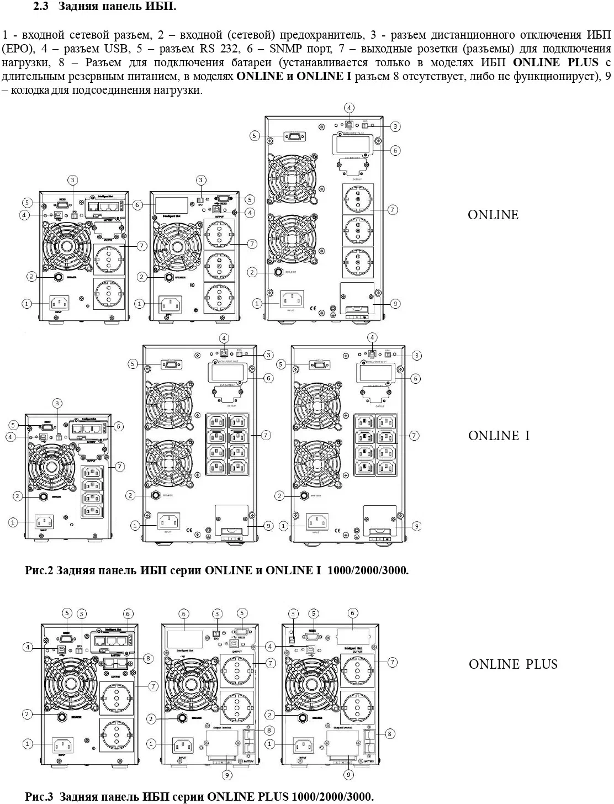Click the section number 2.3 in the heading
[41, 7]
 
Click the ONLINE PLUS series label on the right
[513, 664]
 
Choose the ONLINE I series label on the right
[499, 436]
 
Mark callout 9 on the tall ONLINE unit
[395, 303]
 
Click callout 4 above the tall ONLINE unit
[349, 108]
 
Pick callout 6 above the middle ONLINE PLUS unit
[184, 614]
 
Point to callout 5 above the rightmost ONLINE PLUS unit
[314, 613]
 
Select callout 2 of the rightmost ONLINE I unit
[280, 496]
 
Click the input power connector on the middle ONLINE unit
[170, 304]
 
